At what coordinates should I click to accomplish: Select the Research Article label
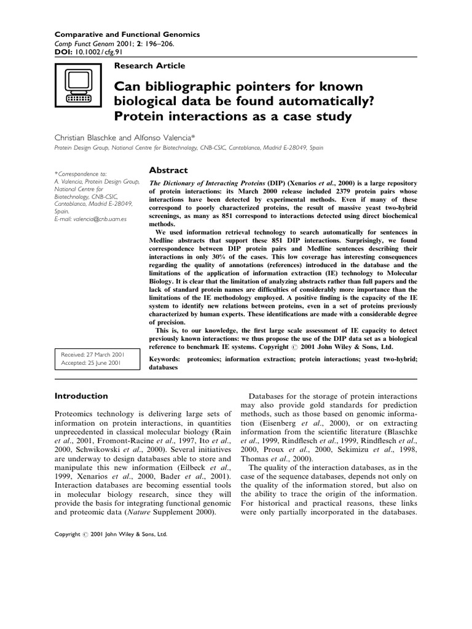click(x=149, y=65)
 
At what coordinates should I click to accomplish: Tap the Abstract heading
click(x=168, y=170)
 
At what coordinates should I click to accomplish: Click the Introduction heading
click(x=82, y=396)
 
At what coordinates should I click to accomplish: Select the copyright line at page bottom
click(x=111, y=534)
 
